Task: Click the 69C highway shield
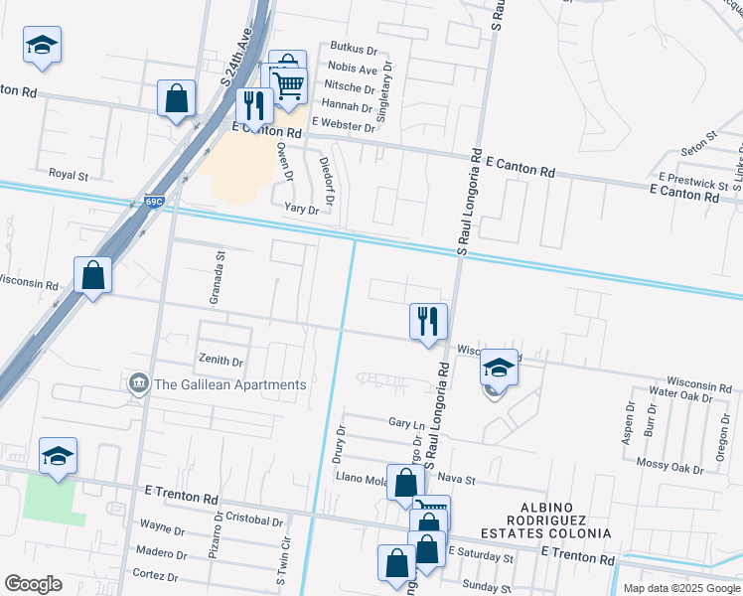click(151, 201)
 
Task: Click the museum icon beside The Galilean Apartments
click(138, 383)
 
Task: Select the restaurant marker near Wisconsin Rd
click(428, 322)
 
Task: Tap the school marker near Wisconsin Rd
click(499, 369)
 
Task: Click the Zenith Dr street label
click(222, 362)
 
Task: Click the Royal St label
click(70, 175)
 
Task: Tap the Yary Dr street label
click(302, 210)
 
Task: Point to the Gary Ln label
click(406, 423)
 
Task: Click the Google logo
click(33, 583)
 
